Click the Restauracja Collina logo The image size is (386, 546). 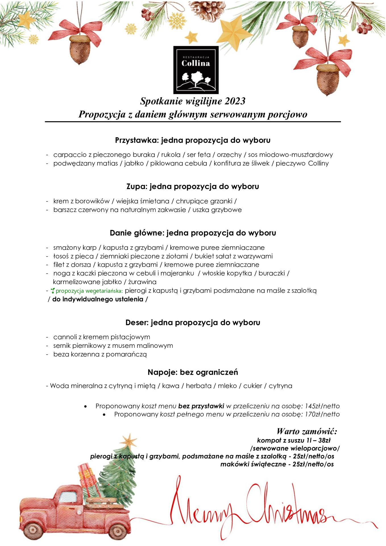coord(196,70)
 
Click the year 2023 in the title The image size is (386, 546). coord(235,101)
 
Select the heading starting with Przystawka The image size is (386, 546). coord(193,140)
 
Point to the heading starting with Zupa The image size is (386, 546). coord(193,187)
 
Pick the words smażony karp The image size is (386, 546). coord(75,248)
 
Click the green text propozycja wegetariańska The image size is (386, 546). coord(89,291)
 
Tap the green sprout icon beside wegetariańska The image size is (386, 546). coord(53,291)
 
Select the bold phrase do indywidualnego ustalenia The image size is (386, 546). coord(98,299)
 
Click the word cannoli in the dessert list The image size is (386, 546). coord(65,337)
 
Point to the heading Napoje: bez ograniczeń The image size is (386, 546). coord(193,372)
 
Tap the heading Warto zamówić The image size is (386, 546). coord(307,431)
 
